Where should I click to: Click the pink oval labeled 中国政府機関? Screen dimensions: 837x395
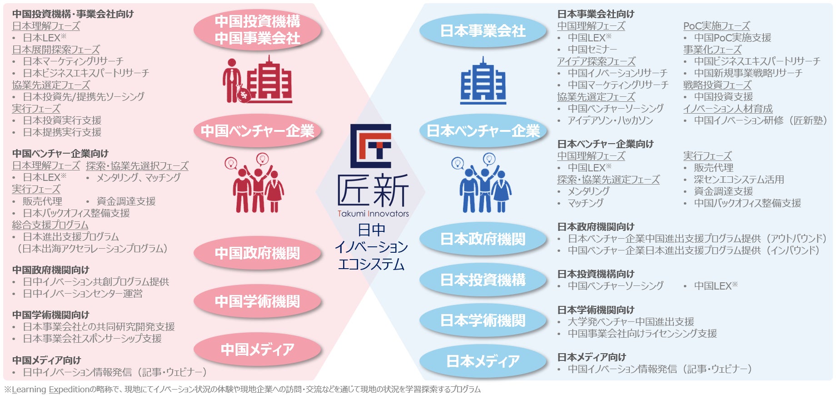pos(257,253)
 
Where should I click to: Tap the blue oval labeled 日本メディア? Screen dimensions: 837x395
pos(483,361)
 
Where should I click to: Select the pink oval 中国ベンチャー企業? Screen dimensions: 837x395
pos(257,131)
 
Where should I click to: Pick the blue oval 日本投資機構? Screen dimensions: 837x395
pos(483,280)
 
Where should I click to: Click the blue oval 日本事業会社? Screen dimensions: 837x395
pos(483,31)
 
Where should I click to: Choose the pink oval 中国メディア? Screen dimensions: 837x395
pos(257,349)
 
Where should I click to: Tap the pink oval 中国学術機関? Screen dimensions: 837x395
pos(257,301)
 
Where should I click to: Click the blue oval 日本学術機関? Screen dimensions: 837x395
pos(483,320)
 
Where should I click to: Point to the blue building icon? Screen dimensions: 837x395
pos(483,81)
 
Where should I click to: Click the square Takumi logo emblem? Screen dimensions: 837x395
pos(371,146)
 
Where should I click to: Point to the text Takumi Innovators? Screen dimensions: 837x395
pos(373,214)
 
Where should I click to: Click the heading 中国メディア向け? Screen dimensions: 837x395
pos(46,360)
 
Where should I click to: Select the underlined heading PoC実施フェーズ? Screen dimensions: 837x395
pos(716,26)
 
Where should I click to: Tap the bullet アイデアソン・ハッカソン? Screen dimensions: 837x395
pos(610,120)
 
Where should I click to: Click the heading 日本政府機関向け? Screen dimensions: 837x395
pos(596,226)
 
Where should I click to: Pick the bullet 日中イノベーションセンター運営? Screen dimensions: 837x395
pos(83,294)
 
